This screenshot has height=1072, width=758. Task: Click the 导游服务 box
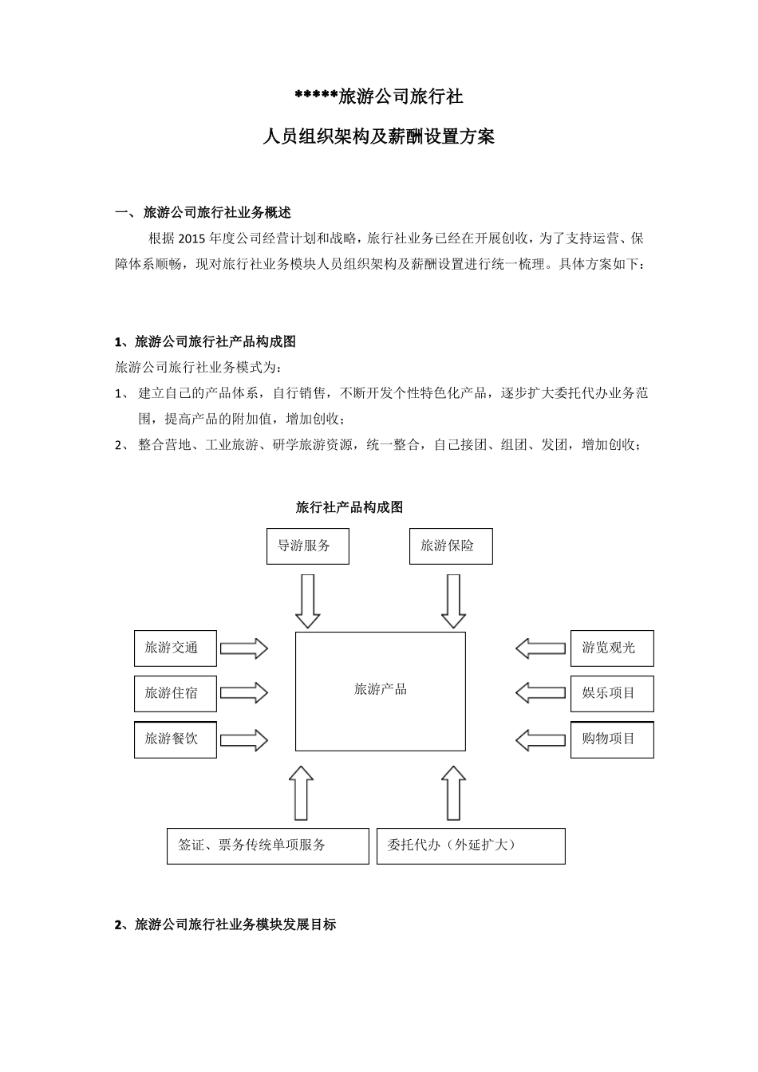(x=307, y=546)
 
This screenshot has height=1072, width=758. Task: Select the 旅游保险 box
(x=451, y=546)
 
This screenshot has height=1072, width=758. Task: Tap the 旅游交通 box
(x=176, y=648)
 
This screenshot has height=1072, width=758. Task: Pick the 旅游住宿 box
(x=176, y=693)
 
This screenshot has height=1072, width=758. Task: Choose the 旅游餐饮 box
(x=176, y=739)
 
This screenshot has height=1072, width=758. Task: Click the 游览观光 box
(x=612, y=648)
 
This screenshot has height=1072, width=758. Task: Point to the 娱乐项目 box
(x=612, y=693)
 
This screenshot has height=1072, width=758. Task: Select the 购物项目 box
(x=612, y=739)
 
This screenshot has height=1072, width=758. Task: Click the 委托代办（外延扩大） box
(x=471, y=845)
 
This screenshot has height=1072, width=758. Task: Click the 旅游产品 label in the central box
(x=381, y=689)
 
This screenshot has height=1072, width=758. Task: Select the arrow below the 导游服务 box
(x=307, y=601)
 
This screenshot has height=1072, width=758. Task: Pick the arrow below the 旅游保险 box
(x=453, y=601)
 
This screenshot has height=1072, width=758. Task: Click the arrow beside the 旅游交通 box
(x=243, y=648)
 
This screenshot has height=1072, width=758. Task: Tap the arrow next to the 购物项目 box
(x=540, y=739)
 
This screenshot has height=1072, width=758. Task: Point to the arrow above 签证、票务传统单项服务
(x=301, y=793)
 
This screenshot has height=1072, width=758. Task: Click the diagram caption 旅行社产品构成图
(x=349, y=507)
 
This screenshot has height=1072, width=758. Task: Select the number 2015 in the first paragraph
(x=192, y=238)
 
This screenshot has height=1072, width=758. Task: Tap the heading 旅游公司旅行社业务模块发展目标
(x=235, y=925)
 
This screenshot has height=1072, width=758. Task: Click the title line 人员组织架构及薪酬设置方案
(x=379, y=137)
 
